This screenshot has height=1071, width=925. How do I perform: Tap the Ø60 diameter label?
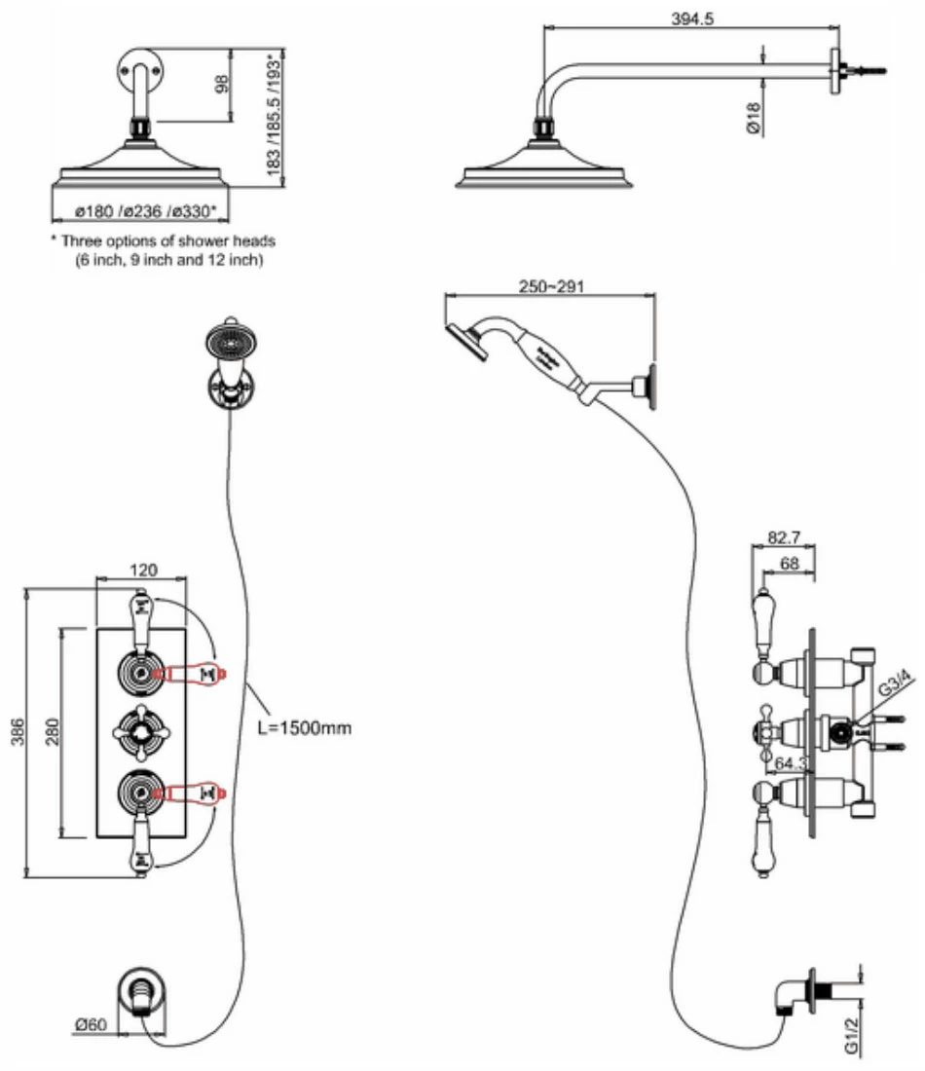click(x=91, y=1024)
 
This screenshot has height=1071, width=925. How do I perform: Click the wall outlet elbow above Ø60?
click(x=140, y=994)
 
